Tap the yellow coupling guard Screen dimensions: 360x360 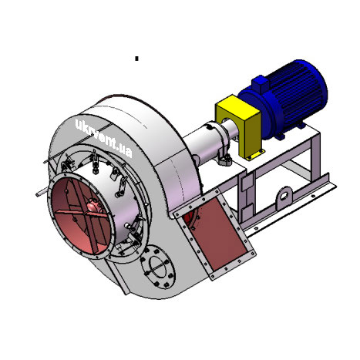pyautogui.click(x=240, y=126)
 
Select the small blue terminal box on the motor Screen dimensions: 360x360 pyautogui.click(x=260, y=83)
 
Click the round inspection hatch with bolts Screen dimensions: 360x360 pyautogui.click(x=158, y=267)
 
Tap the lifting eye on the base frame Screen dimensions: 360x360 pyautogui.click(x=284, y=198)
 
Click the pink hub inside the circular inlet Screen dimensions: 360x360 pyautogui.click(x=93, y=207)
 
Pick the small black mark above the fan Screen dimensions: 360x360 pyautogui.click(x=136, y=59)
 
